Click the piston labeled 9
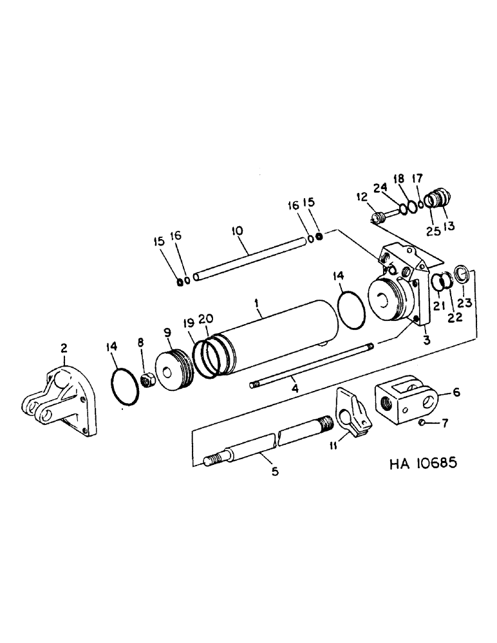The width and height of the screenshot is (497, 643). coord(174,370)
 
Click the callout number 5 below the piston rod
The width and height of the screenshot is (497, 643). coord(275,473)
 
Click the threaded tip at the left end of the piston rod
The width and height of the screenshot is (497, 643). coord(210,460)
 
